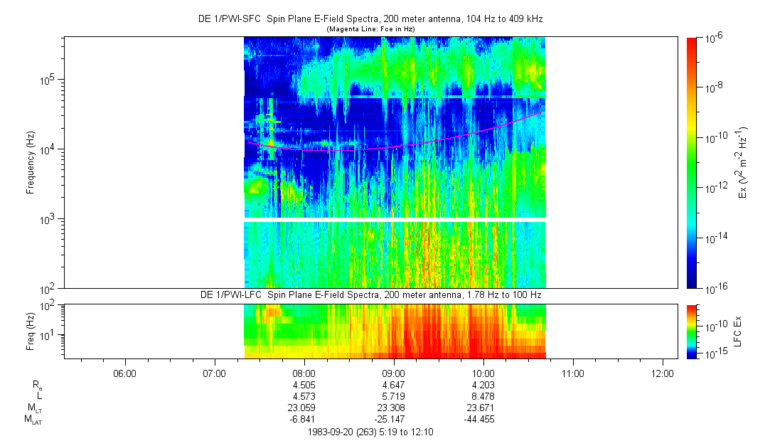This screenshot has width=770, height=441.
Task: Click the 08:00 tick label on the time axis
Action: tap(304, 373)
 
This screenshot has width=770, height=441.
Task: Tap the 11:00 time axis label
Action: tap(573, 373)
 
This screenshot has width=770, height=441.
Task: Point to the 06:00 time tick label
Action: tap(124, 373)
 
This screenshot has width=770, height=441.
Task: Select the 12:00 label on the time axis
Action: tap(663, 373)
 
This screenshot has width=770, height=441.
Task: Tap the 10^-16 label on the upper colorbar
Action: tap(714, 288)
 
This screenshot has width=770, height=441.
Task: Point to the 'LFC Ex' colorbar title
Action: tap(740, 331)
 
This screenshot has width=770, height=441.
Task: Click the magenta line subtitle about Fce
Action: tap(370, 29)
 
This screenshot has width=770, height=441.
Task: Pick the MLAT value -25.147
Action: tap(393, 419)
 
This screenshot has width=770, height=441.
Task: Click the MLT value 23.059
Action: tap(304, 408)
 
